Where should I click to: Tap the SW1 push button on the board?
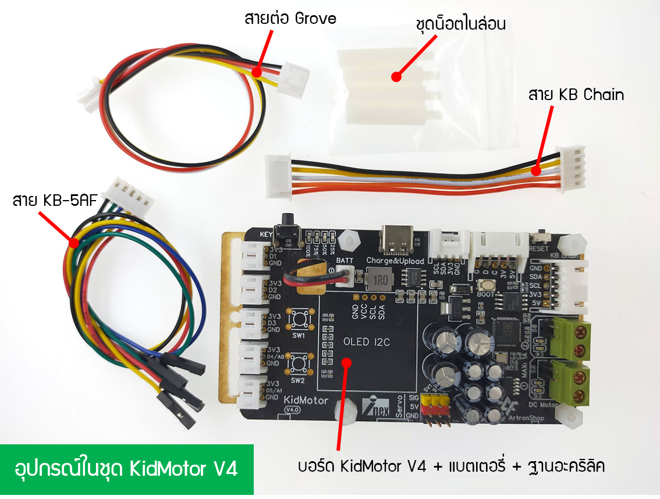point(299,319)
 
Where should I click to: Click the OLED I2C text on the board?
point(367,342)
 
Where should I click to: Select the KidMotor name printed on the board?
point(305,400)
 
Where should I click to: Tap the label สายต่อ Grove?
point(290,18)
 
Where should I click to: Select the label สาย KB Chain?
point(576,95)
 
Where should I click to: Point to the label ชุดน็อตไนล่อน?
point(460,24)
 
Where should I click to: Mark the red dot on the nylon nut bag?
point(396,76)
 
